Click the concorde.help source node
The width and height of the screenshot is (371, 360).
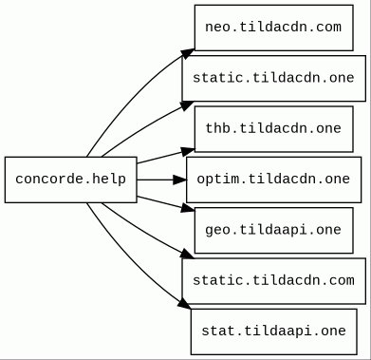[x=71, y=180]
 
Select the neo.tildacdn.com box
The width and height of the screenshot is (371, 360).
[x=274, y=28]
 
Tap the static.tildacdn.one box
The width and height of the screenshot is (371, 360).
[x=274, y=79]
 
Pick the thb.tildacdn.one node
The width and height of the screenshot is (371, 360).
[x=274, y=129]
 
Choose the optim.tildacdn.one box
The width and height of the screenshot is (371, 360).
[x=274, y=180]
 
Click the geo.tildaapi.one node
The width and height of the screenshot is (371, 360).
[x=274, y=230]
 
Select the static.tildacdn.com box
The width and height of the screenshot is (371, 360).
[x=274, y=281]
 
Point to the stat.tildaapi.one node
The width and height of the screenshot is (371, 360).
[x=274, y=332]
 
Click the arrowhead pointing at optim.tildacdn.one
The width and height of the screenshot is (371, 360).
[x=180, y=180]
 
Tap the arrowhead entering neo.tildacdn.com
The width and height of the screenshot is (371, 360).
[x=187, y=53]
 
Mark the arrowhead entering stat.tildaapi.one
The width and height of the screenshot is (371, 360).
[x=184, y=304]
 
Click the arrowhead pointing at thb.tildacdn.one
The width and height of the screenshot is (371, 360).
[x=188, y=151]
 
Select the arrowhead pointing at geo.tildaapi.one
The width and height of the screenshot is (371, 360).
[x=188, y=208]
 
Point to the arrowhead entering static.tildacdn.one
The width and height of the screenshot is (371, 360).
[x=187, y=105]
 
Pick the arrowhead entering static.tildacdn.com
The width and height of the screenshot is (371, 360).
[x=187, y=254]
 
